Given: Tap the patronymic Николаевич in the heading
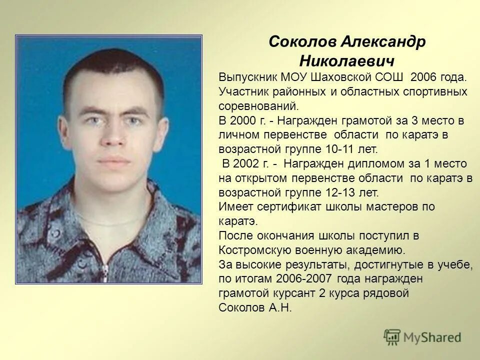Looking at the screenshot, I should [x=347, y=61].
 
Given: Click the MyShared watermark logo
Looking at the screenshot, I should [x=422, y=337].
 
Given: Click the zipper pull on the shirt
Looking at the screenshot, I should [x=105, y=272].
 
